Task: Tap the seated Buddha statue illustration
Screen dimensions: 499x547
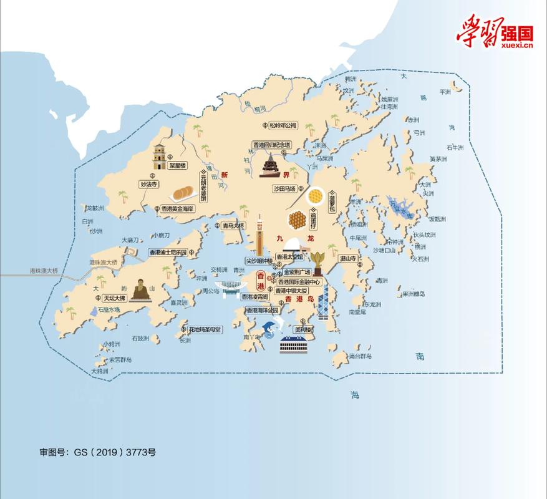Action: pos(140,289)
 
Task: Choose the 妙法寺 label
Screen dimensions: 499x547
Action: pos(150,184)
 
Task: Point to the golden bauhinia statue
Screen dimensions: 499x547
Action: pos(319,263)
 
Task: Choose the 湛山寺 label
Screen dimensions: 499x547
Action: pos(347,258)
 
